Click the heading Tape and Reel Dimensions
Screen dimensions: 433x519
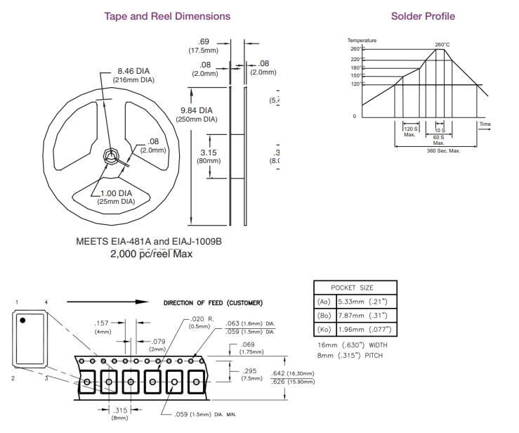(166, 15)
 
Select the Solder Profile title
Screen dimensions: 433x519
(422, 15)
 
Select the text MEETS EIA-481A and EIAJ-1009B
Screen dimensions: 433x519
(149, 240)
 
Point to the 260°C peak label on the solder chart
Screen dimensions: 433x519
(442, 44)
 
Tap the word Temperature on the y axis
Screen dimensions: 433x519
(362, 40)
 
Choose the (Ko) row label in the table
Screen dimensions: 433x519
(324, 329)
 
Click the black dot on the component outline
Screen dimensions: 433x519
(23, 321)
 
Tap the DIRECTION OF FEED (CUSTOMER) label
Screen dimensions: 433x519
(213, 303)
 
